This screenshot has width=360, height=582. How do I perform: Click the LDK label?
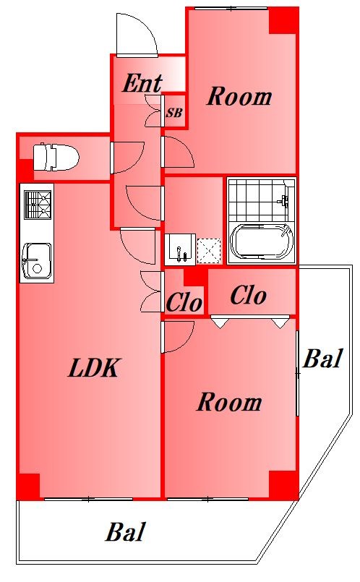coord(94,368)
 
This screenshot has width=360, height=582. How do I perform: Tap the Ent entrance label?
coord(142,83)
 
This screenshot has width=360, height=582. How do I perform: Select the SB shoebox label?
coord(174,113)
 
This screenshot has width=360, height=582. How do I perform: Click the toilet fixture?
coord(56,157)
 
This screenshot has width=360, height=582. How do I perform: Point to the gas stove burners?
coord(38,205)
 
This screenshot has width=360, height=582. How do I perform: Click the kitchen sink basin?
coord(37,260)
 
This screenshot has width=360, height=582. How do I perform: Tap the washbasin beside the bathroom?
coord(180,249)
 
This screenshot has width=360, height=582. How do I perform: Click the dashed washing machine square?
coord(209,251)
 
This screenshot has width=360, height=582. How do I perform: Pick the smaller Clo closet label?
coord(184,303)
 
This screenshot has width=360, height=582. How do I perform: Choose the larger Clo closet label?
coord(248,296)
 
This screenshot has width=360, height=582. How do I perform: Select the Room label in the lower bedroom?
coord(229,403)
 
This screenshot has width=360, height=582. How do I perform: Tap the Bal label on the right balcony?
coord(322,358)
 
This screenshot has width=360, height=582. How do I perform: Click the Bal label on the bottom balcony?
coord(125,532)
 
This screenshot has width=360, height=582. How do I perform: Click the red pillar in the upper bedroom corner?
coord(283,21)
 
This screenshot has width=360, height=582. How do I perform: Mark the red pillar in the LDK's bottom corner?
coord(29,486)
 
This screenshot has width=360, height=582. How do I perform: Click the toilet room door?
coord(127,158)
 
